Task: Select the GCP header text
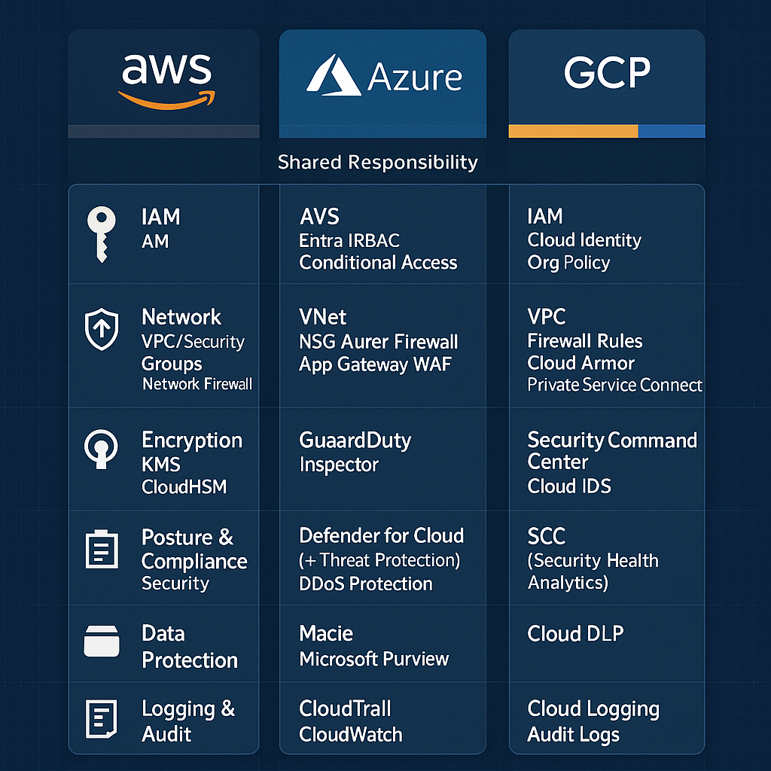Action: (607, 72)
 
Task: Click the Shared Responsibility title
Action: (377, 162)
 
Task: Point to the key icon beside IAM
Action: (100, 233)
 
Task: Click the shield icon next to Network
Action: (102, 330)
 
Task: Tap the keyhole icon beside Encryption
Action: (101, 449)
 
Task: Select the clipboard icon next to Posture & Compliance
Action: (100, 550)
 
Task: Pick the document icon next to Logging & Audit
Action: (101, 718)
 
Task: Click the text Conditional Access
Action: (378, 263)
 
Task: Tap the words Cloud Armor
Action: (581, 363)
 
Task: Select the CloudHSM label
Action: (184, 486)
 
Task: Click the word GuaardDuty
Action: (355, 440)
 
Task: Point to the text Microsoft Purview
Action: (373, 659)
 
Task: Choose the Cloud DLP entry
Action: (575, 634)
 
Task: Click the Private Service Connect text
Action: (614, 385)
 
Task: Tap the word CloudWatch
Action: (350, 734)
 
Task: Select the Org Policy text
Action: (568, 263)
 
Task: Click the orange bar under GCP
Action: (573, 132)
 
